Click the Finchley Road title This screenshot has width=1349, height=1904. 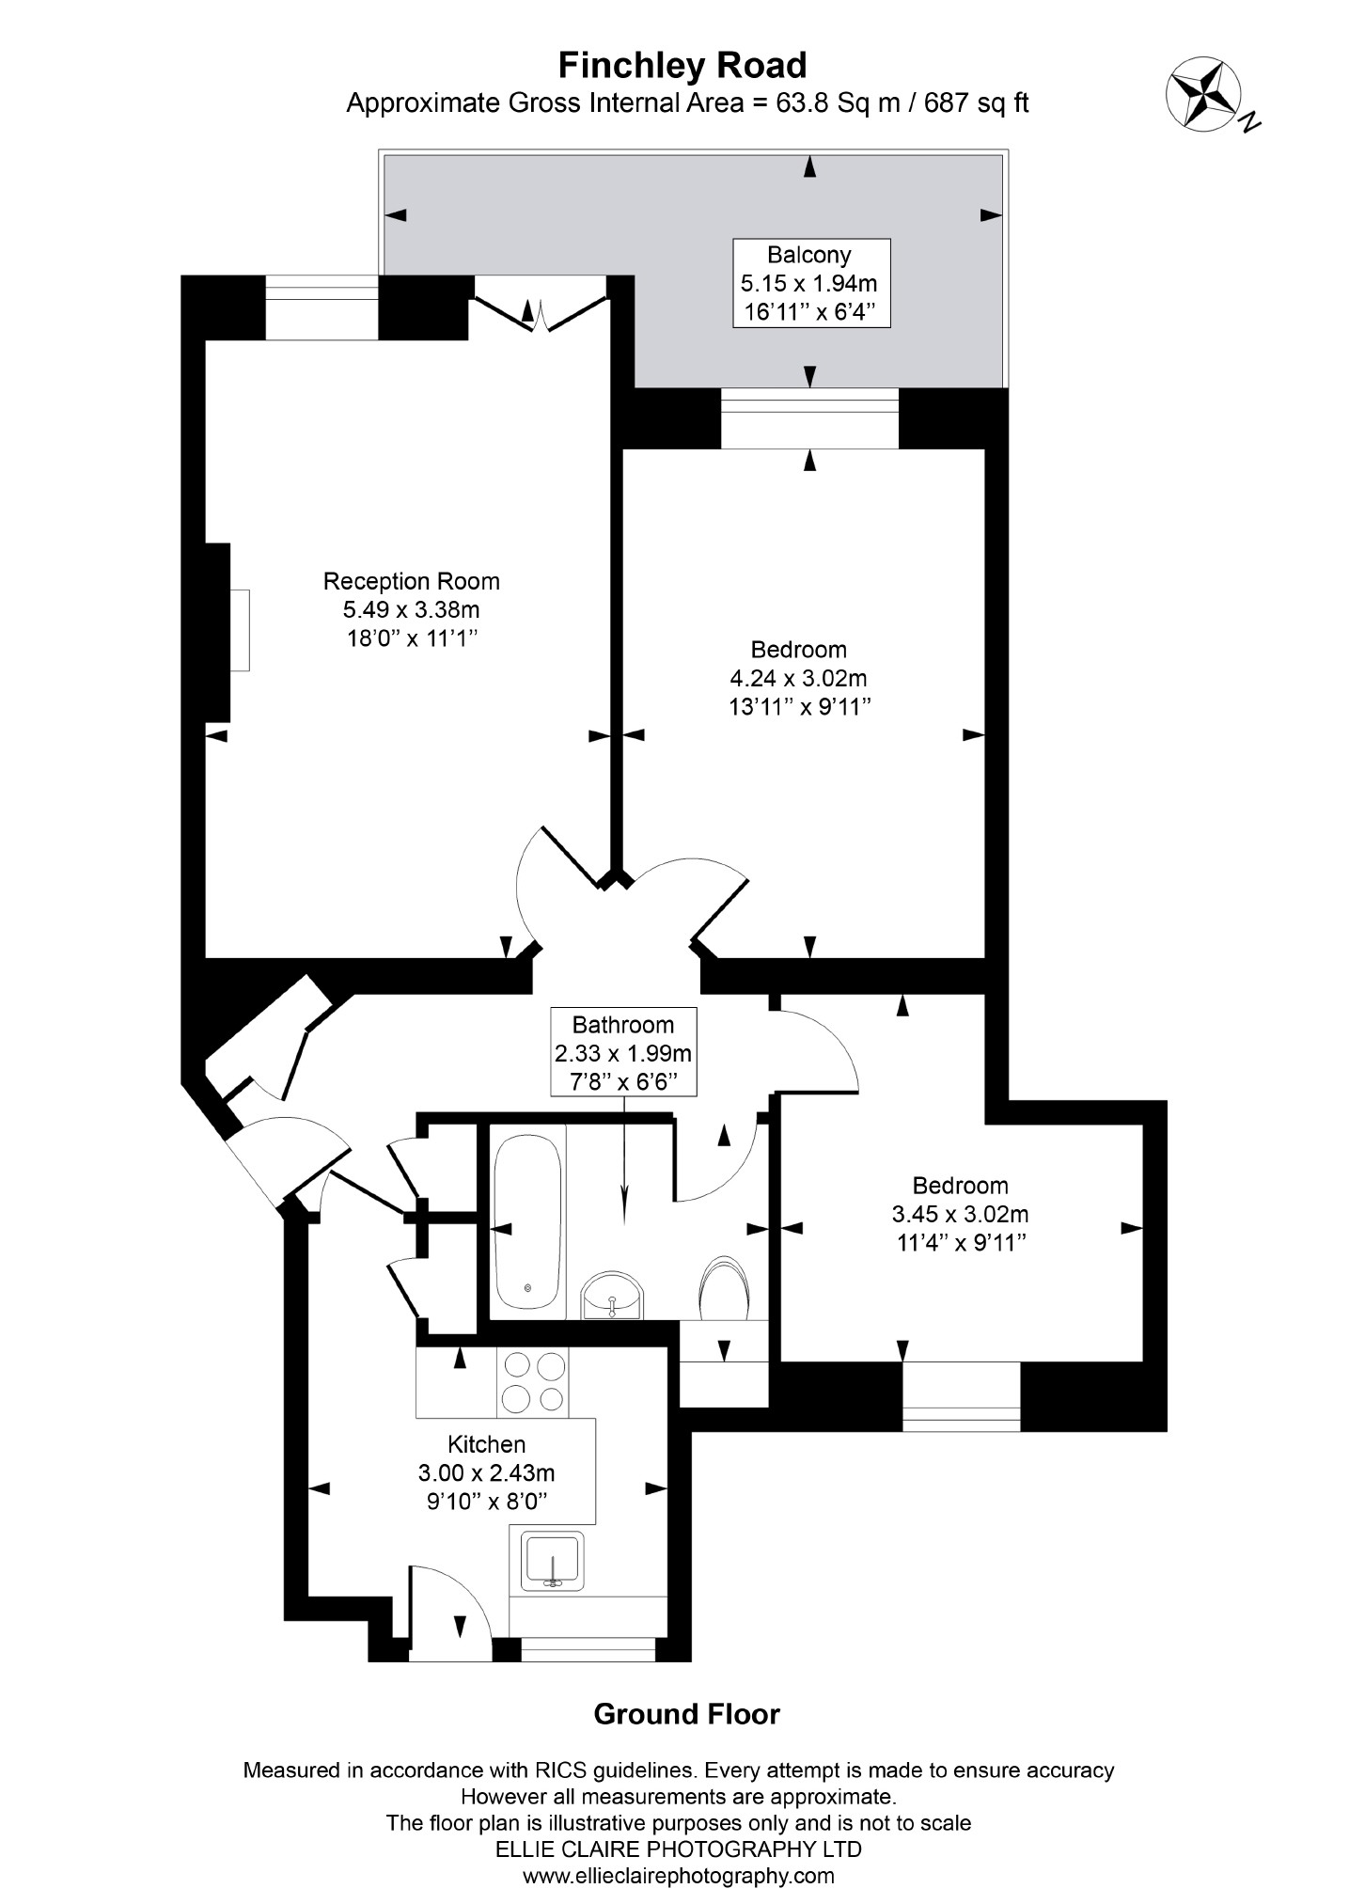pyautogui.click(x=682, y=66)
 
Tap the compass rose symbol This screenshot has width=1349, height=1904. pyautogui.click(x=1203, y=94)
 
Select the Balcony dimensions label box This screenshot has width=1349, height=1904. pyautogui.click(x=810, y=283)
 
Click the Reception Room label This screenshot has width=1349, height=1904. pyautogui.click(x=411, y=609)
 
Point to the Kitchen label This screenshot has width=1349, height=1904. pyautogui.click(x=486, y=1471)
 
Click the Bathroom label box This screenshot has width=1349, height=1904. pyautogui.click(x=623, y=1052)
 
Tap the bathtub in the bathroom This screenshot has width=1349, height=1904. pyautogui.click(x=528, y=1222)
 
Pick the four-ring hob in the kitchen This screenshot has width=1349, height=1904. pyautogui.click(x=534, y=1382)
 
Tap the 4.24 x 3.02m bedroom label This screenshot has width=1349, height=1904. pyautogui.click(x=798, y=678)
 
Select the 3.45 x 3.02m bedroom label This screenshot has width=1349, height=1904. pyautogui.click(x=960, y=1214)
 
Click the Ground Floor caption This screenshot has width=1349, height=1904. pyautogui.click(x=686, y=1714)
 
